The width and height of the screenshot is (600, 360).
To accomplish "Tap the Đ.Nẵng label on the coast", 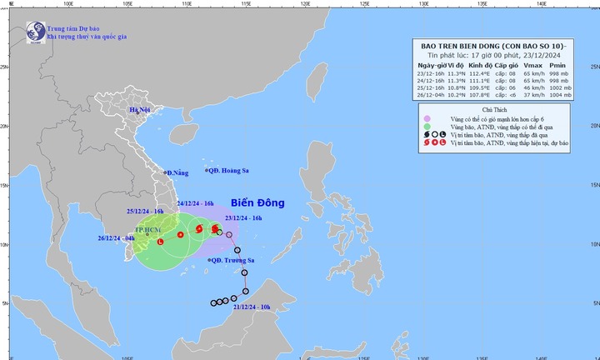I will [x=179, y=172].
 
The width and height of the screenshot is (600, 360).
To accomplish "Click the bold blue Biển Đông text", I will [x=258, y=202].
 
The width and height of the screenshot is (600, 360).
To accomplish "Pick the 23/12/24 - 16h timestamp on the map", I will [x=243, y=217].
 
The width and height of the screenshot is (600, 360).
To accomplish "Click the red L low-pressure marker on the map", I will [x=161, y=242].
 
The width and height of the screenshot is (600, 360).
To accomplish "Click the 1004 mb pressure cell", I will [x=559, y=95].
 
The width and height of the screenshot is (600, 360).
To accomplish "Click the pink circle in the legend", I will [x=427, y=118].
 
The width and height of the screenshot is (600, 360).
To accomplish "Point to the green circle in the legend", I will [x=427, y=128].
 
